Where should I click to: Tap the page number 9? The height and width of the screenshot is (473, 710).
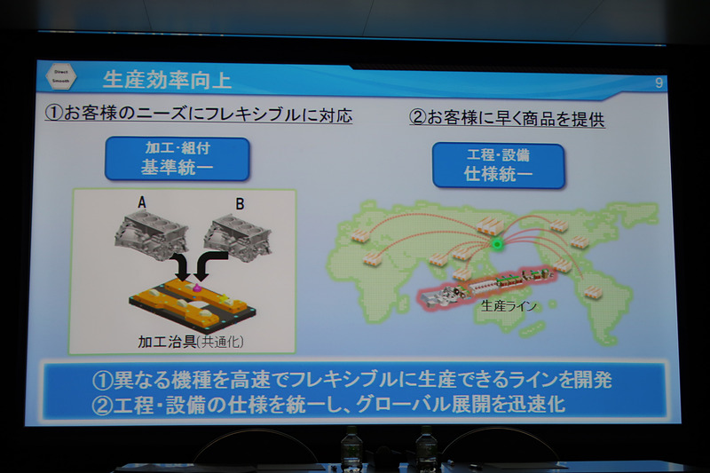coord(658,83)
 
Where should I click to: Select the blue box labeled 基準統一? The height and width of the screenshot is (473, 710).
coord(177,158)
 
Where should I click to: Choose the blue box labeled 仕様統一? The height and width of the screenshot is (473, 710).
coord(498,164)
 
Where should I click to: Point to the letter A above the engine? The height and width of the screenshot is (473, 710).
coord(142,201)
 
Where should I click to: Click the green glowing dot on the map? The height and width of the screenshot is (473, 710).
coord(497,243)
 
